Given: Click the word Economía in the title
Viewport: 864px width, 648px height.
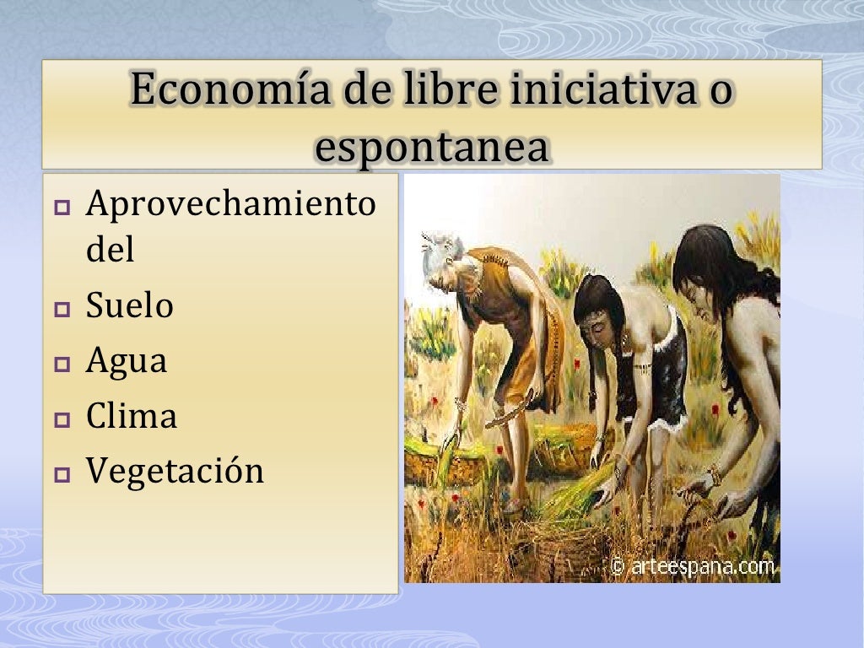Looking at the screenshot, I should (219, 91).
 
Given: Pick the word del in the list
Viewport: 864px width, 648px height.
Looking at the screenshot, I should (110, 251).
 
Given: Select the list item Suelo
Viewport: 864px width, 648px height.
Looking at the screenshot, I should (129, 305).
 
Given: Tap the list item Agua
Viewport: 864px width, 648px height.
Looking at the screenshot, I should (127, 362).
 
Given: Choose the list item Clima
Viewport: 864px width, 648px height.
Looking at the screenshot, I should (131, 416).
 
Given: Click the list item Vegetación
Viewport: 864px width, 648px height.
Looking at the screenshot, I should (175, 471).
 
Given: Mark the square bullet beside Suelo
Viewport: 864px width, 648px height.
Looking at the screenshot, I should (62, 310).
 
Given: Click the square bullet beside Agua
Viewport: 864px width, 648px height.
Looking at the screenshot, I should (62, 365).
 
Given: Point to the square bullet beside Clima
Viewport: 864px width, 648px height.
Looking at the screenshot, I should (62, 420).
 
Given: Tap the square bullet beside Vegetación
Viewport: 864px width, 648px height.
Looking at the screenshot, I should (62, 475).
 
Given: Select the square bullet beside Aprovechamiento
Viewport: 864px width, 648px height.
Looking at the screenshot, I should (62, 207).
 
